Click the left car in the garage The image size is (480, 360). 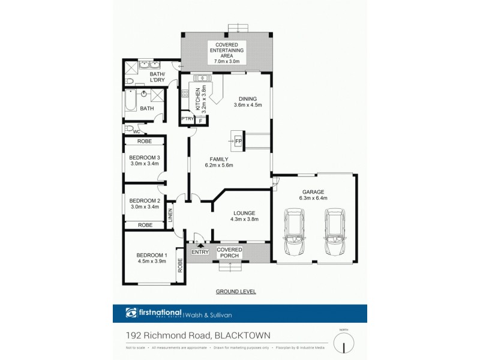pyautogui.click(x=295, y=233)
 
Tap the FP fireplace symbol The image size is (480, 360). pyautogui.click(x=238, y=141)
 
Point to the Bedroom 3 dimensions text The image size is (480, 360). pyautogui.click(x=144, y=163)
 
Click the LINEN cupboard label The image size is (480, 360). pyautogui.click(x=170, y=215)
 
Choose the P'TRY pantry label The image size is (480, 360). pyautogui.click(x=187, y=120)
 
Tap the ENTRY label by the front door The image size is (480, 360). pyautogui.click(x=200, y=252)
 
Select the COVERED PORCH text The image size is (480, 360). pyautogui.click(x=229, y=252)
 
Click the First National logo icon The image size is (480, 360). pyautogui.click(x=131, y=312)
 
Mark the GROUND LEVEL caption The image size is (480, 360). pyautogui.click(x=236, y=292)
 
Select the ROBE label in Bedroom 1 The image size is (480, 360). pyautogui.click(x=179, y=265)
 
